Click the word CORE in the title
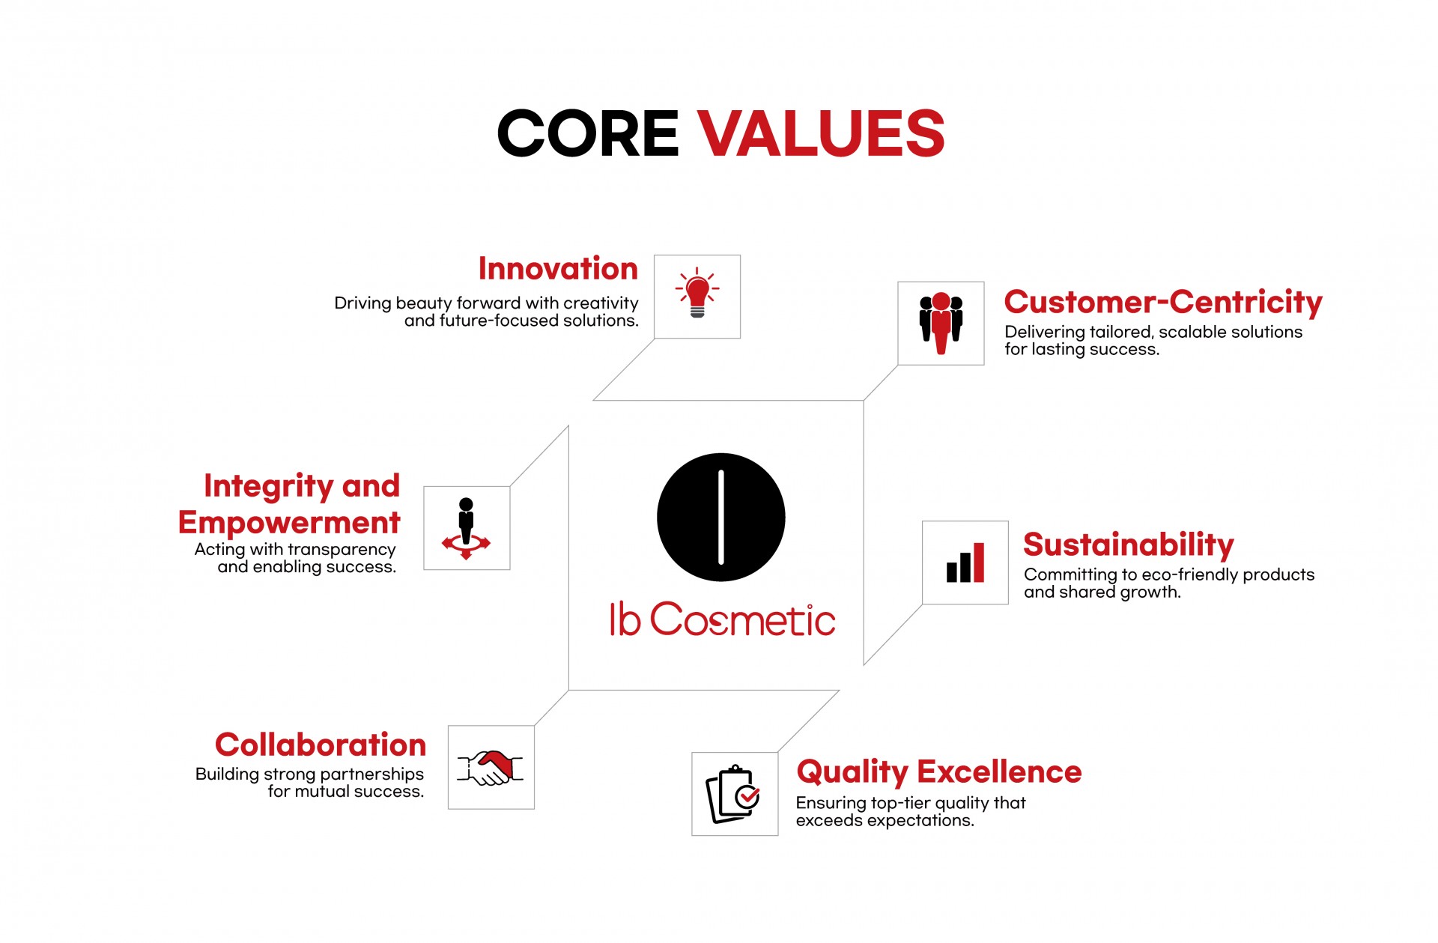pos(588,133)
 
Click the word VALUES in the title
pos(822,133)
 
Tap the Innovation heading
pos(558,269)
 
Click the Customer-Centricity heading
pos(1163,302)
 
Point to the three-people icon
pos(941,323)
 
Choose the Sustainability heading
pos(1128,545)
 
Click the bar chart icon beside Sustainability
pos(965,563)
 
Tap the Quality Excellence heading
pos(939,771)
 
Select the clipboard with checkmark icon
pos(734,794)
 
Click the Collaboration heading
pos(321,745)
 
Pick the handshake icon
pos(491,768)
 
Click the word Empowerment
pos(289,522)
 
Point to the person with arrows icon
pos(466,528)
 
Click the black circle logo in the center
pos(721,517)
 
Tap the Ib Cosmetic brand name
pos(723,619)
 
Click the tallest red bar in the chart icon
pos(979,563)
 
